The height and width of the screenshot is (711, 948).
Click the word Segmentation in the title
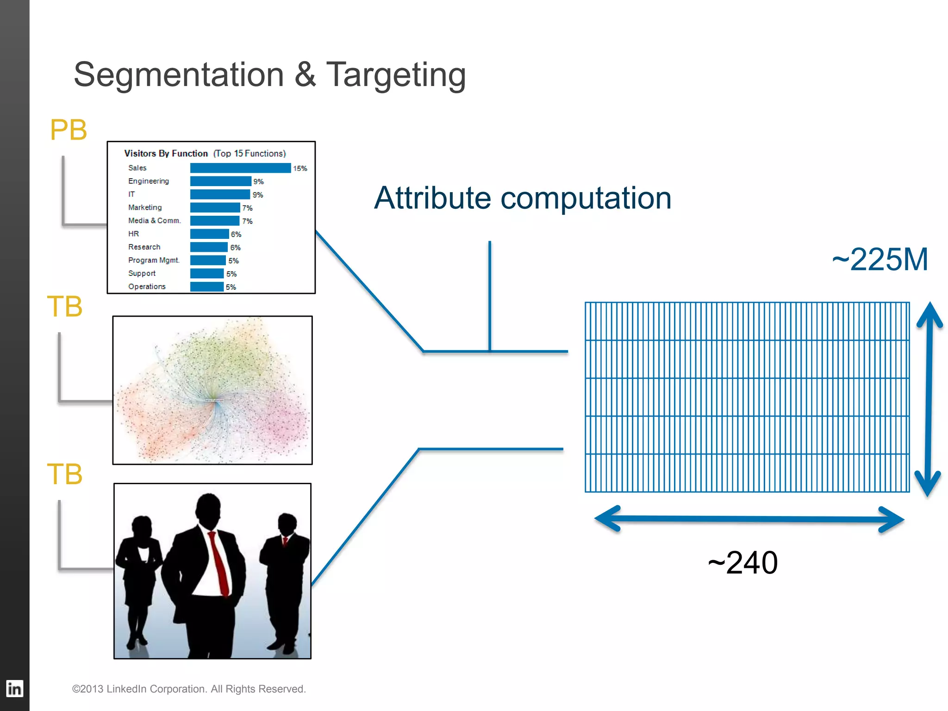click(x=179, y=75)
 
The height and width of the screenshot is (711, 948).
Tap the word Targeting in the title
click(x=396, y=75)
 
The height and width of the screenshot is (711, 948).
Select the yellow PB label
click(x=69, y=130)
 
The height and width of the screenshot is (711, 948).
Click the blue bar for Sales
click(x=240, y=168)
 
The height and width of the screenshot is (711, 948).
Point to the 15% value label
click(x=300, y=168)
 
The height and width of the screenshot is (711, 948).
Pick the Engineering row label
click(x=149, y=181)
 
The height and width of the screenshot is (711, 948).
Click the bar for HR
click(x=209, y=234)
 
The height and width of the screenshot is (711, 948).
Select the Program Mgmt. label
click(x=154, y=260)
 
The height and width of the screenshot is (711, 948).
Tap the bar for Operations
click(x=207, y=287)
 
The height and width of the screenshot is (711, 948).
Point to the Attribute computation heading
click(x=523, y=198)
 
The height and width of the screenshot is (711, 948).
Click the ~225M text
click(x=879, y=259)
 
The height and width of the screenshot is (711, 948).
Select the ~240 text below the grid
click(x=742, y=563)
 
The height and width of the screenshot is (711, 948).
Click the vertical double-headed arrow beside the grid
click(x=929, y=399)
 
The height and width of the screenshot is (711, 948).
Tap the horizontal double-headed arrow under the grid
click(x=749, y=519)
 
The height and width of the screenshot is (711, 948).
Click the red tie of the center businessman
click(x=218, y=562)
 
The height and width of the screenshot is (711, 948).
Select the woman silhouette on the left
click(x=139, y=579)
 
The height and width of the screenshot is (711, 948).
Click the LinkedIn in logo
click(x=14, y=689)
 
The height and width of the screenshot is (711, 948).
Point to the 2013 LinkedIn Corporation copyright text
click(x=189, y=689)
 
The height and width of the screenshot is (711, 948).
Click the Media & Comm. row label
click(x=154, y=221)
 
